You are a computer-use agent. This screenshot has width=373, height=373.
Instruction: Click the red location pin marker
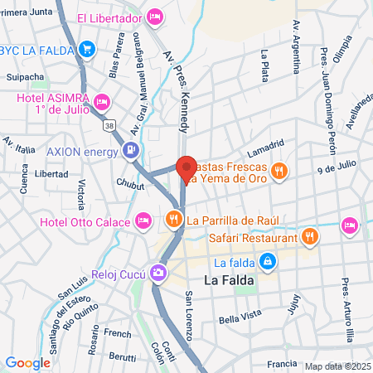coord(186,168)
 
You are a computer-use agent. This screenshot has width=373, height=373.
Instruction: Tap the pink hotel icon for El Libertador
coord(155,17)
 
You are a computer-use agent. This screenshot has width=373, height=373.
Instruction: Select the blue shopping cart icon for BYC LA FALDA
coord(87,50)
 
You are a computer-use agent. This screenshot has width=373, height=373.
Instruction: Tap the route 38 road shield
coord(109,125)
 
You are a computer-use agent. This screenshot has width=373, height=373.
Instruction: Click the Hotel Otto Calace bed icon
coord(143,220)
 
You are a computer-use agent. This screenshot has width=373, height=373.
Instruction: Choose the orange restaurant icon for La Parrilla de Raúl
coord(173,220)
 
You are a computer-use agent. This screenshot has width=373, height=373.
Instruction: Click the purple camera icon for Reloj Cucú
coord(157,272)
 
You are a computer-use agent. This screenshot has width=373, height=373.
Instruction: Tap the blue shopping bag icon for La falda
coord(267,263)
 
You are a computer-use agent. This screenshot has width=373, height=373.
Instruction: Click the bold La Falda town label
coord(228,280)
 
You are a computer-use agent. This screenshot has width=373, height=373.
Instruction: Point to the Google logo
coord(28,362)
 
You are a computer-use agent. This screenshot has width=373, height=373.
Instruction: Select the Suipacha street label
coord(26,77)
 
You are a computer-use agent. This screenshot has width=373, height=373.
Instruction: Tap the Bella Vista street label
coord(239,320)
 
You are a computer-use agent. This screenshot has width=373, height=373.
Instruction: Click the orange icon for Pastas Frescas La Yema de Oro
coord(280,172)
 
